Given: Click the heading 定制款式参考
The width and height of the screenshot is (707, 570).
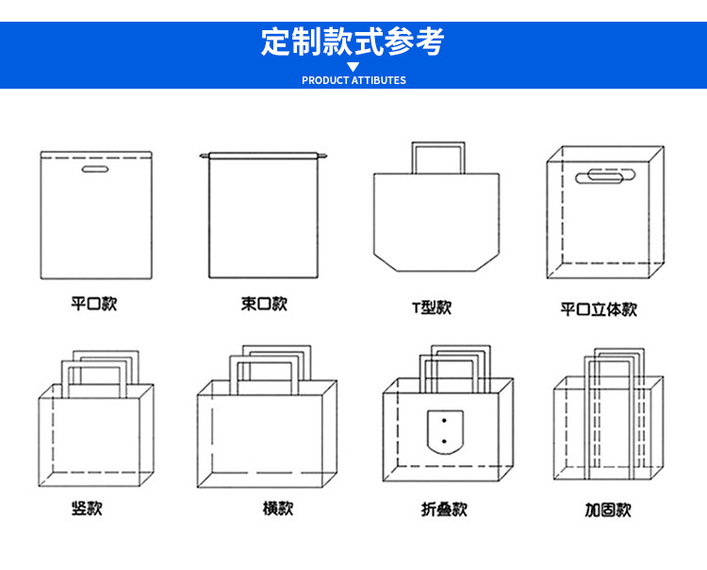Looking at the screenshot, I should click(x=353, y=42).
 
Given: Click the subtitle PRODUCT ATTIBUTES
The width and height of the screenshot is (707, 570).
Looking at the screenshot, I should click(x=353, y=80).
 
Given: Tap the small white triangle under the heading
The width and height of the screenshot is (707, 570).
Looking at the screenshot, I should click(x=353, y=67).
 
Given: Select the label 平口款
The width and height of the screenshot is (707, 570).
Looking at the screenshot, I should click(x=94, y=305).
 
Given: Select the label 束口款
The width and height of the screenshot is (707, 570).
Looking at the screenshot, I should click(x=264, y=304).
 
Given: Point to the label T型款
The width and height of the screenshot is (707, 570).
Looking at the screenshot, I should click(x=431, y=308).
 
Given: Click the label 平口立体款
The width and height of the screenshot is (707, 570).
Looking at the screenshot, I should click(x=599, y=309).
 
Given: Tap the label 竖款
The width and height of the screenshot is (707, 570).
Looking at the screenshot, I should click(x=87, y=508).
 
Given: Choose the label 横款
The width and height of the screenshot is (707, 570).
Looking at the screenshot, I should click(x=278, y=508).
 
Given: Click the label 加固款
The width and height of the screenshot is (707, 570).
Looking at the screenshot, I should click(x=608, y=510).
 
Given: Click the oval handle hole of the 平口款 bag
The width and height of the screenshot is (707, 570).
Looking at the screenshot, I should click(x=94, y=171).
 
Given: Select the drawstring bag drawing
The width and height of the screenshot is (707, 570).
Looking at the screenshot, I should click(x=263, y=215).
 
